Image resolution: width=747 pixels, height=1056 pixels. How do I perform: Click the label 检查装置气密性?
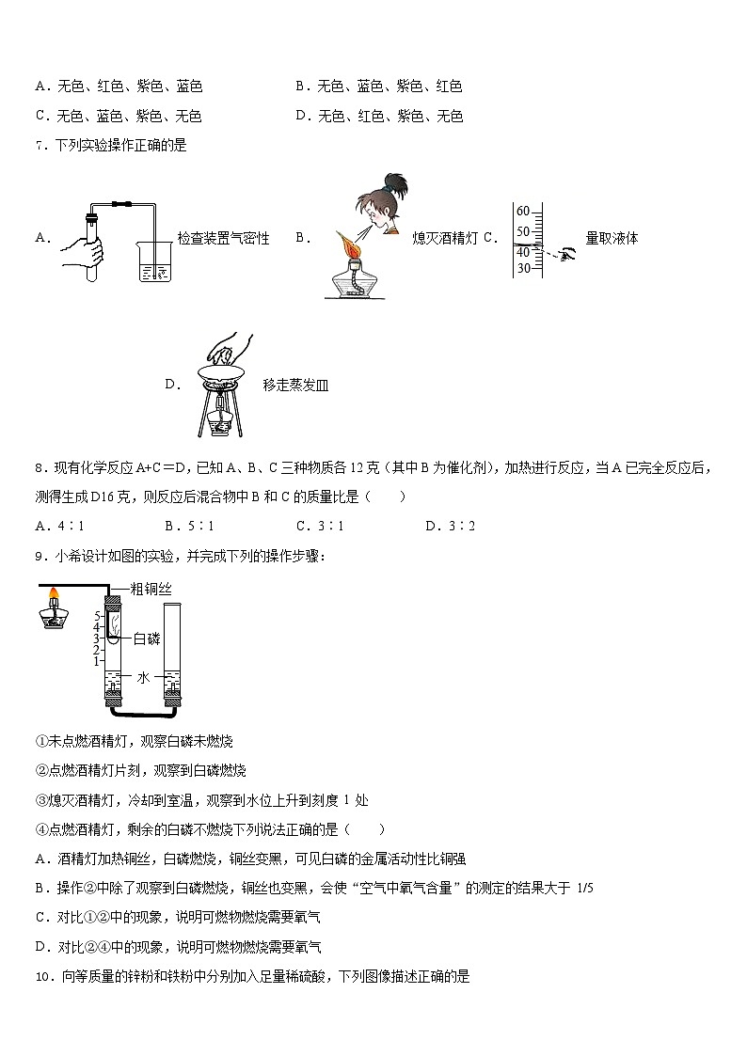[x=223, y=239]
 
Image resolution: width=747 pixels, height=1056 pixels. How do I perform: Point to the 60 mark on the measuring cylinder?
[x=523, y=211]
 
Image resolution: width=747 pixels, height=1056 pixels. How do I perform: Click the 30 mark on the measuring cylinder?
[x=523, y=268]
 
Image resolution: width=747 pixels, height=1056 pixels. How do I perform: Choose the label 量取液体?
[x=612, y=239]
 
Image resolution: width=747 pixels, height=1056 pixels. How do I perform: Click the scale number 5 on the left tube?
[x=97, y=616]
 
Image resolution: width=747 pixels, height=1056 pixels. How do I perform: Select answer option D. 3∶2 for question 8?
[x=450, y=526]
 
